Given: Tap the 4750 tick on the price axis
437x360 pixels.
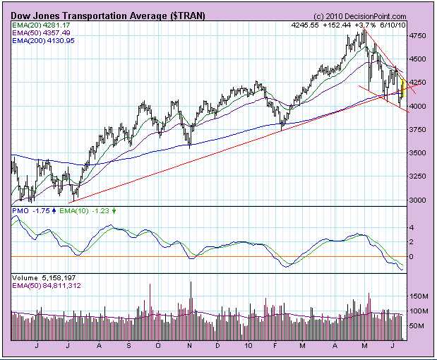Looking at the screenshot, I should click(x=419, y=35).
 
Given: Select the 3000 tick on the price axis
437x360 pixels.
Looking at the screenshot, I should click(x=419, y=200).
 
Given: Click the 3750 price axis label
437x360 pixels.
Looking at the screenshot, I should click(x=419, y=130).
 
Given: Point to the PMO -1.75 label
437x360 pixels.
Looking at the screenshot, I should click(x=30, y=210).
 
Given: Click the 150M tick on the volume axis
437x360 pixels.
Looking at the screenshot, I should click(x=421, y=296).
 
